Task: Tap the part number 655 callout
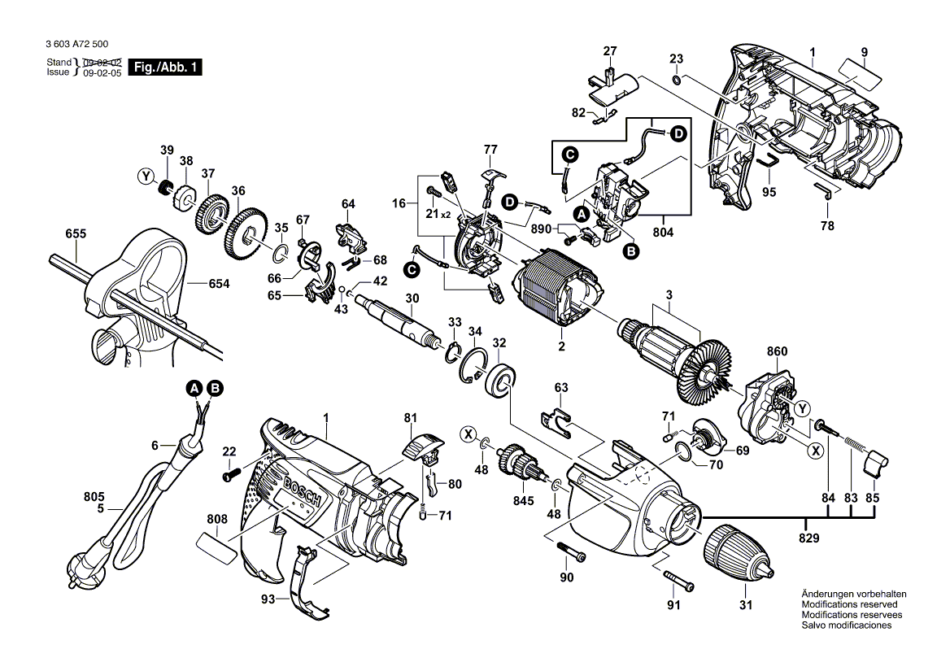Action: [76, 234]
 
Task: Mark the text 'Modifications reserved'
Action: [849, 605]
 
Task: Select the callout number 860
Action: [777, 353]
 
